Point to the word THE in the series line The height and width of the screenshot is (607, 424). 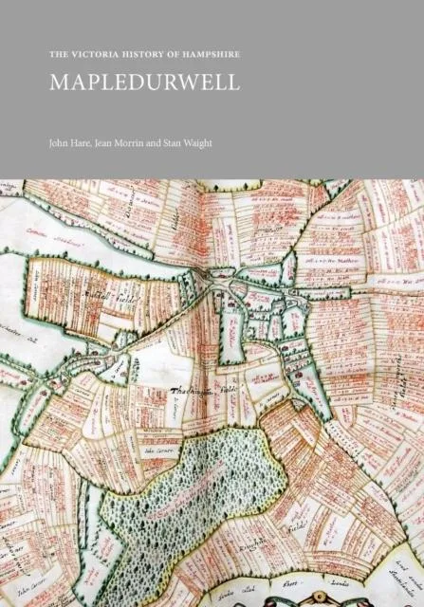point(59,55)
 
